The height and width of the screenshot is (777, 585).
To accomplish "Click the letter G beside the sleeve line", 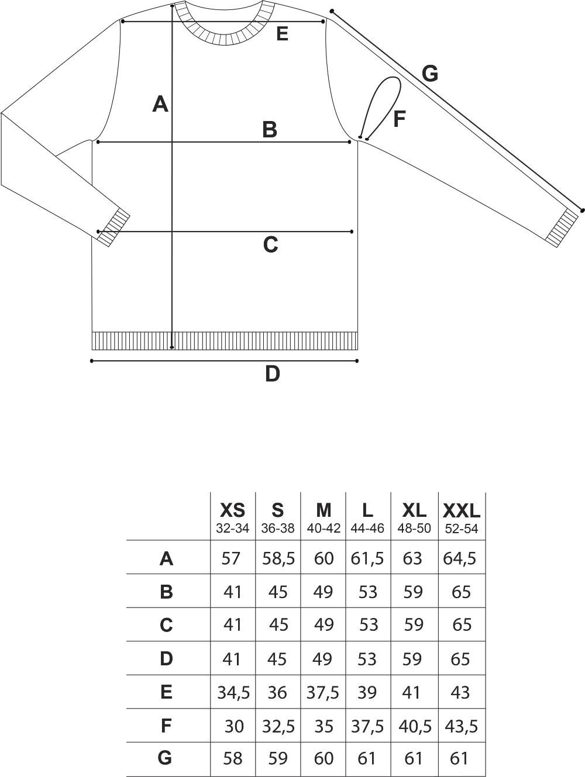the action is tap(430, 74).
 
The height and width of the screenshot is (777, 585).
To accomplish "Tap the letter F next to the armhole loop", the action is tap(399, 119).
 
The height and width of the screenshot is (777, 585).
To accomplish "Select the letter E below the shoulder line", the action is tap(282, 34).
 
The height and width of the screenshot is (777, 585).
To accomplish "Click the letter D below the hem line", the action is tap(272, 374).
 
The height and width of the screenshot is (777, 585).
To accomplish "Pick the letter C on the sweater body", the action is tap(270, 245).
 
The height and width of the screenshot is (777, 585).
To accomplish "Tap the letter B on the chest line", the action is tap(270, 130).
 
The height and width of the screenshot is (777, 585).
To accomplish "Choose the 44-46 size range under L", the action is tap(367, 529).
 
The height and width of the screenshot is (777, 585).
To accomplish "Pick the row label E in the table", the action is tap(166, 692).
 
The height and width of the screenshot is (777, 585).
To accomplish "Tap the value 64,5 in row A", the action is tap(460, 558).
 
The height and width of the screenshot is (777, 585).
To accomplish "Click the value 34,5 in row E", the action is tap(233, 692).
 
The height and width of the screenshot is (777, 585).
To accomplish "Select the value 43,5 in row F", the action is tap(462, 724).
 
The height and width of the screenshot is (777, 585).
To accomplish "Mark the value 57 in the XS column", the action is tap(231, 558).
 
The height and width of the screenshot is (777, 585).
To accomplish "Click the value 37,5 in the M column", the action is tap(322, 692).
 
